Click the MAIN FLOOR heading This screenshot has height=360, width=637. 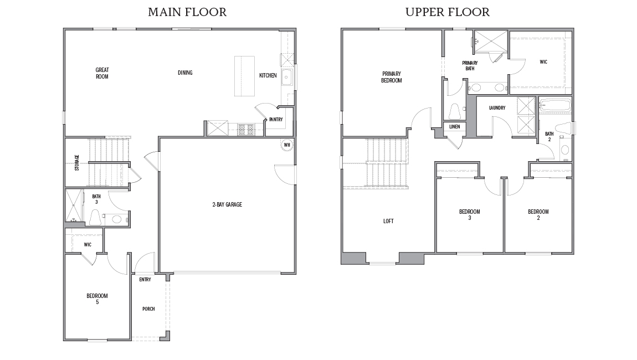pyautogui.click(x=187, y=12)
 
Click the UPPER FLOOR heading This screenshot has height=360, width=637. pyautogui.click(x=447, y=12)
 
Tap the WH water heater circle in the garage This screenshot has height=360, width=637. pyautogui.click(x=287, y=145)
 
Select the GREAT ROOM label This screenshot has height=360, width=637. pyautogui.click(x=102, y=73)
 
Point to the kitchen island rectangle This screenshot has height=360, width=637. pyautogui.click(x=245, y=76)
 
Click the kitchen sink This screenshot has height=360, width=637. pyautogui.click(x=287, y=77)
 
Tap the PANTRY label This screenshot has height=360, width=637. pyautogui.click(x=276, y=120)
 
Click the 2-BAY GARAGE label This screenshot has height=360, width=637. pyautogui.click(x=227, y=204)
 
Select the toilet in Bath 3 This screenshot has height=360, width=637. pyautogui.click(x=95, y=217)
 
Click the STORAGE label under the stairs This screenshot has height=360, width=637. pyautogui.click(x=77, y=162)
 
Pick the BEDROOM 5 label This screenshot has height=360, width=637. pyautogui.click(x=97, y=299)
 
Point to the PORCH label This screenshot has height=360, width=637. pyautogui.click(x=148, y=309)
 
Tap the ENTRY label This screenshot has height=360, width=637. pyautogui.click(x=145, y=280)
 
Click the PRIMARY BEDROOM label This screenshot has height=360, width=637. pyautogui.click(x=392, y=77)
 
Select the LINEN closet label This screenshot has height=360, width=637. pyautogui.click(x=455, y=127)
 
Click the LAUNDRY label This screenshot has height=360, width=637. pyautogui.click(x=497, y=107)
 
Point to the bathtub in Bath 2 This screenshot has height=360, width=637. pyautogui.click(x=555, y=105)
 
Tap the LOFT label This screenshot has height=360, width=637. pyautogui.click(x=388, y=221)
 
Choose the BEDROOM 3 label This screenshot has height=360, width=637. pyautogui.click(x=470, y=214)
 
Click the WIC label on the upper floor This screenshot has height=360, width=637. pyautogui.click(x=543, y=62)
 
